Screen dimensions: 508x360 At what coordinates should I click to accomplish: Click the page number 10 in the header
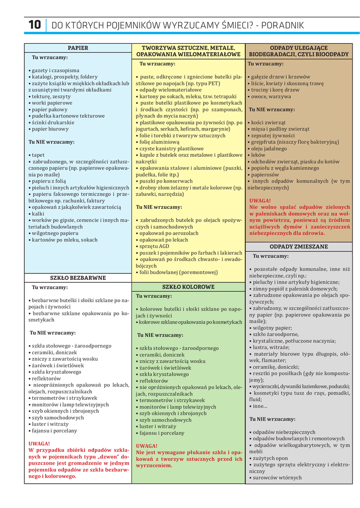tap(35, 25)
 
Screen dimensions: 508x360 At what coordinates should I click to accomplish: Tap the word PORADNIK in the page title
tap(283, 25)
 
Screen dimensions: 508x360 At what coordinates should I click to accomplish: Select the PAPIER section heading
tap(78, 48)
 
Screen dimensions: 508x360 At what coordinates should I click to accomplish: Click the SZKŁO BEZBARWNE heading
tap(78, 278)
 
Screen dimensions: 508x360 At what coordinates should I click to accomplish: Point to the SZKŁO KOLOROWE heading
tap(188, 287)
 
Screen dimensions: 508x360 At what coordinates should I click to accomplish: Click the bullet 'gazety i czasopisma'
tap(55, 70)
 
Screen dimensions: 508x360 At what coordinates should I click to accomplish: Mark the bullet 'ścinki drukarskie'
tap(53, 122)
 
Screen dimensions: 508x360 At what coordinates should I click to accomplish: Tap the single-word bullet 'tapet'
tap(38, 155)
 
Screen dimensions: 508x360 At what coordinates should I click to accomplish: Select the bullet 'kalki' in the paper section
tap(38, 213)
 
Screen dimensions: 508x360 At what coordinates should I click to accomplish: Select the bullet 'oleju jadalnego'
tap(269, 148)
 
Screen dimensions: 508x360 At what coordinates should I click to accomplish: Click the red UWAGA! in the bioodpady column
tap(260, 200)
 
